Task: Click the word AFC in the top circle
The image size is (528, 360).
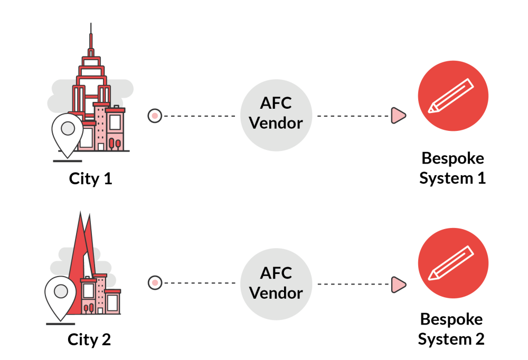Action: coord(276,103)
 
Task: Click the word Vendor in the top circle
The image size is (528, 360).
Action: coord(276,123)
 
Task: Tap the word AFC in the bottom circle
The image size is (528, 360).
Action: coord(276,273)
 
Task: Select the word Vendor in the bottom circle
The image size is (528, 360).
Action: coord(276,292)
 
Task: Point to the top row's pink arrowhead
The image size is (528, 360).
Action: coord(398,116)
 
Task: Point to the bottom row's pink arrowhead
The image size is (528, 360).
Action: coord(398,285)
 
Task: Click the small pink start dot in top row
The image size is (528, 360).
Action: coord(155,116)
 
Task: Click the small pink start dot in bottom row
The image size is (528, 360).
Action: coord(155,283)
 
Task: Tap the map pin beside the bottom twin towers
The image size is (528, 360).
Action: coord(61,296)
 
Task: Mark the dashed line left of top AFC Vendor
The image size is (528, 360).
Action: coord(200,116)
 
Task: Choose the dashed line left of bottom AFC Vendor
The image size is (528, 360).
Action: coord(200,283)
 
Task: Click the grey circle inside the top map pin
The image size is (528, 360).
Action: coord(68,128)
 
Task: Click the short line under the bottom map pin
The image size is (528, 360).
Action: coord(61,324)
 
